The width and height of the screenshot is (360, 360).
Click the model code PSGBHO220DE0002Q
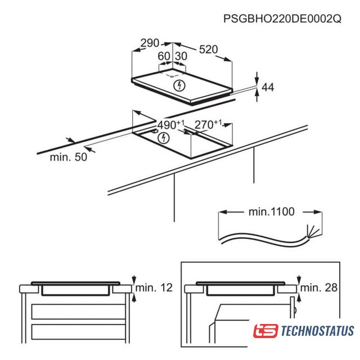(x=282, y=19)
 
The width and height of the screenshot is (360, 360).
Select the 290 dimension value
(x=150, y=43)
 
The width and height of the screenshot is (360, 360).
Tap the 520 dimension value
(x=208, y=49)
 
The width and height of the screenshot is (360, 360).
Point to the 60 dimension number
(x=164, y=56)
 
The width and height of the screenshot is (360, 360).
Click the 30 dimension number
(x=181, y=56)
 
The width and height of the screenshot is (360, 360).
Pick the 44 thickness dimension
(x=268, y=87)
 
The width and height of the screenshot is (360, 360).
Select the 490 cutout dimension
(x=171, y=124)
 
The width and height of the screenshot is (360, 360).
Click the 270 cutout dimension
(x=208, y=124)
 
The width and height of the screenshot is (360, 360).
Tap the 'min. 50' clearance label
(x=69, y=157)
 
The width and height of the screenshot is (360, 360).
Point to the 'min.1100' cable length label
(x=271, y=211)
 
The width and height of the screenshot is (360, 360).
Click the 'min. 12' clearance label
(x=154, y=287)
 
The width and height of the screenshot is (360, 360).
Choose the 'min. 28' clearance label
(x=319, y=287)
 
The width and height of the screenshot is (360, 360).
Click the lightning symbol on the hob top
(x=179, y=85)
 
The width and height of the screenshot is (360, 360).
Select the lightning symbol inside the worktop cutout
(x=164, y=138)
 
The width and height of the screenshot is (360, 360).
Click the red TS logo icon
(x=265, y=331)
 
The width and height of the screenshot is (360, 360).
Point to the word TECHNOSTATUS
(x=317, y=331)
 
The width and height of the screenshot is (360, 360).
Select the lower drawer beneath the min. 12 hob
(x=78, y=332)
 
